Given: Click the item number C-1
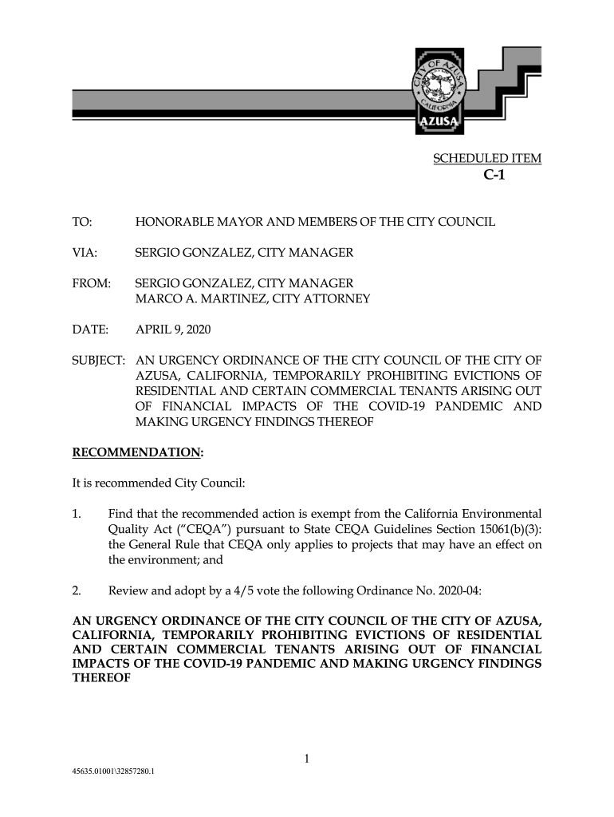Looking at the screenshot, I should [x=494, y=176].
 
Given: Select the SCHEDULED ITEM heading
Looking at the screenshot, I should [x=486, y=159].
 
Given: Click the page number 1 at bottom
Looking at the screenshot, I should [x=307, y=759].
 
